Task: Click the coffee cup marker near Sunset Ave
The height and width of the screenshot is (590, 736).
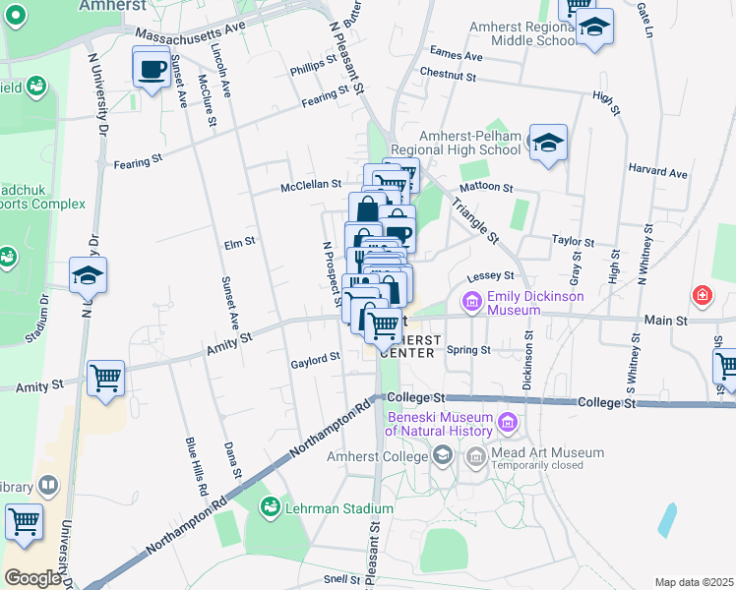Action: point(152,70)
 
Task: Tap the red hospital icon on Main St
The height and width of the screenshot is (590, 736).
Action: point(702,294)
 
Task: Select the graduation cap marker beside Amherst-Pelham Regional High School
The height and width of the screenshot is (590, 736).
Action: point(548,144)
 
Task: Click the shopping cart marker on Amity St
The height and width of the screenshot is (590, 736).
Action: point(105,377)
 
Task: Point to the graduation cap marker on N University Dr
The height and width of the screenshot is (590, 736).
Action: point(88,277)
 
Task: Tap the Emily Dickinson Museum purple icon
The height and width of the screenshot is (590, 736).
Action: point(471,300)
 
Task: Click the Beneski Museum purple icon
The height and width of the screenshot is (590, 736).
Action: point(508,424)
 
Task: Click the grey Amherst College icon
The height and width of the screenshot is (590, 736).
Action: point(443,454)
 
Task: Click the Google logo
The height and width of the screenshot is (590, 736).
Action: point(32,578)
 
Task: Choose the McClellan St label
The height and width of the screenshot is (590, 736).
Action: point(310,183)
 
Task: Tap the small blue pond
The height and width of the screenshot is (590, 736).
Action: point(668,517)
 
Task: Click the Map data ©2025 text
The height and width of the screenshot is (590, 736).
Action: point(694,582)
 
